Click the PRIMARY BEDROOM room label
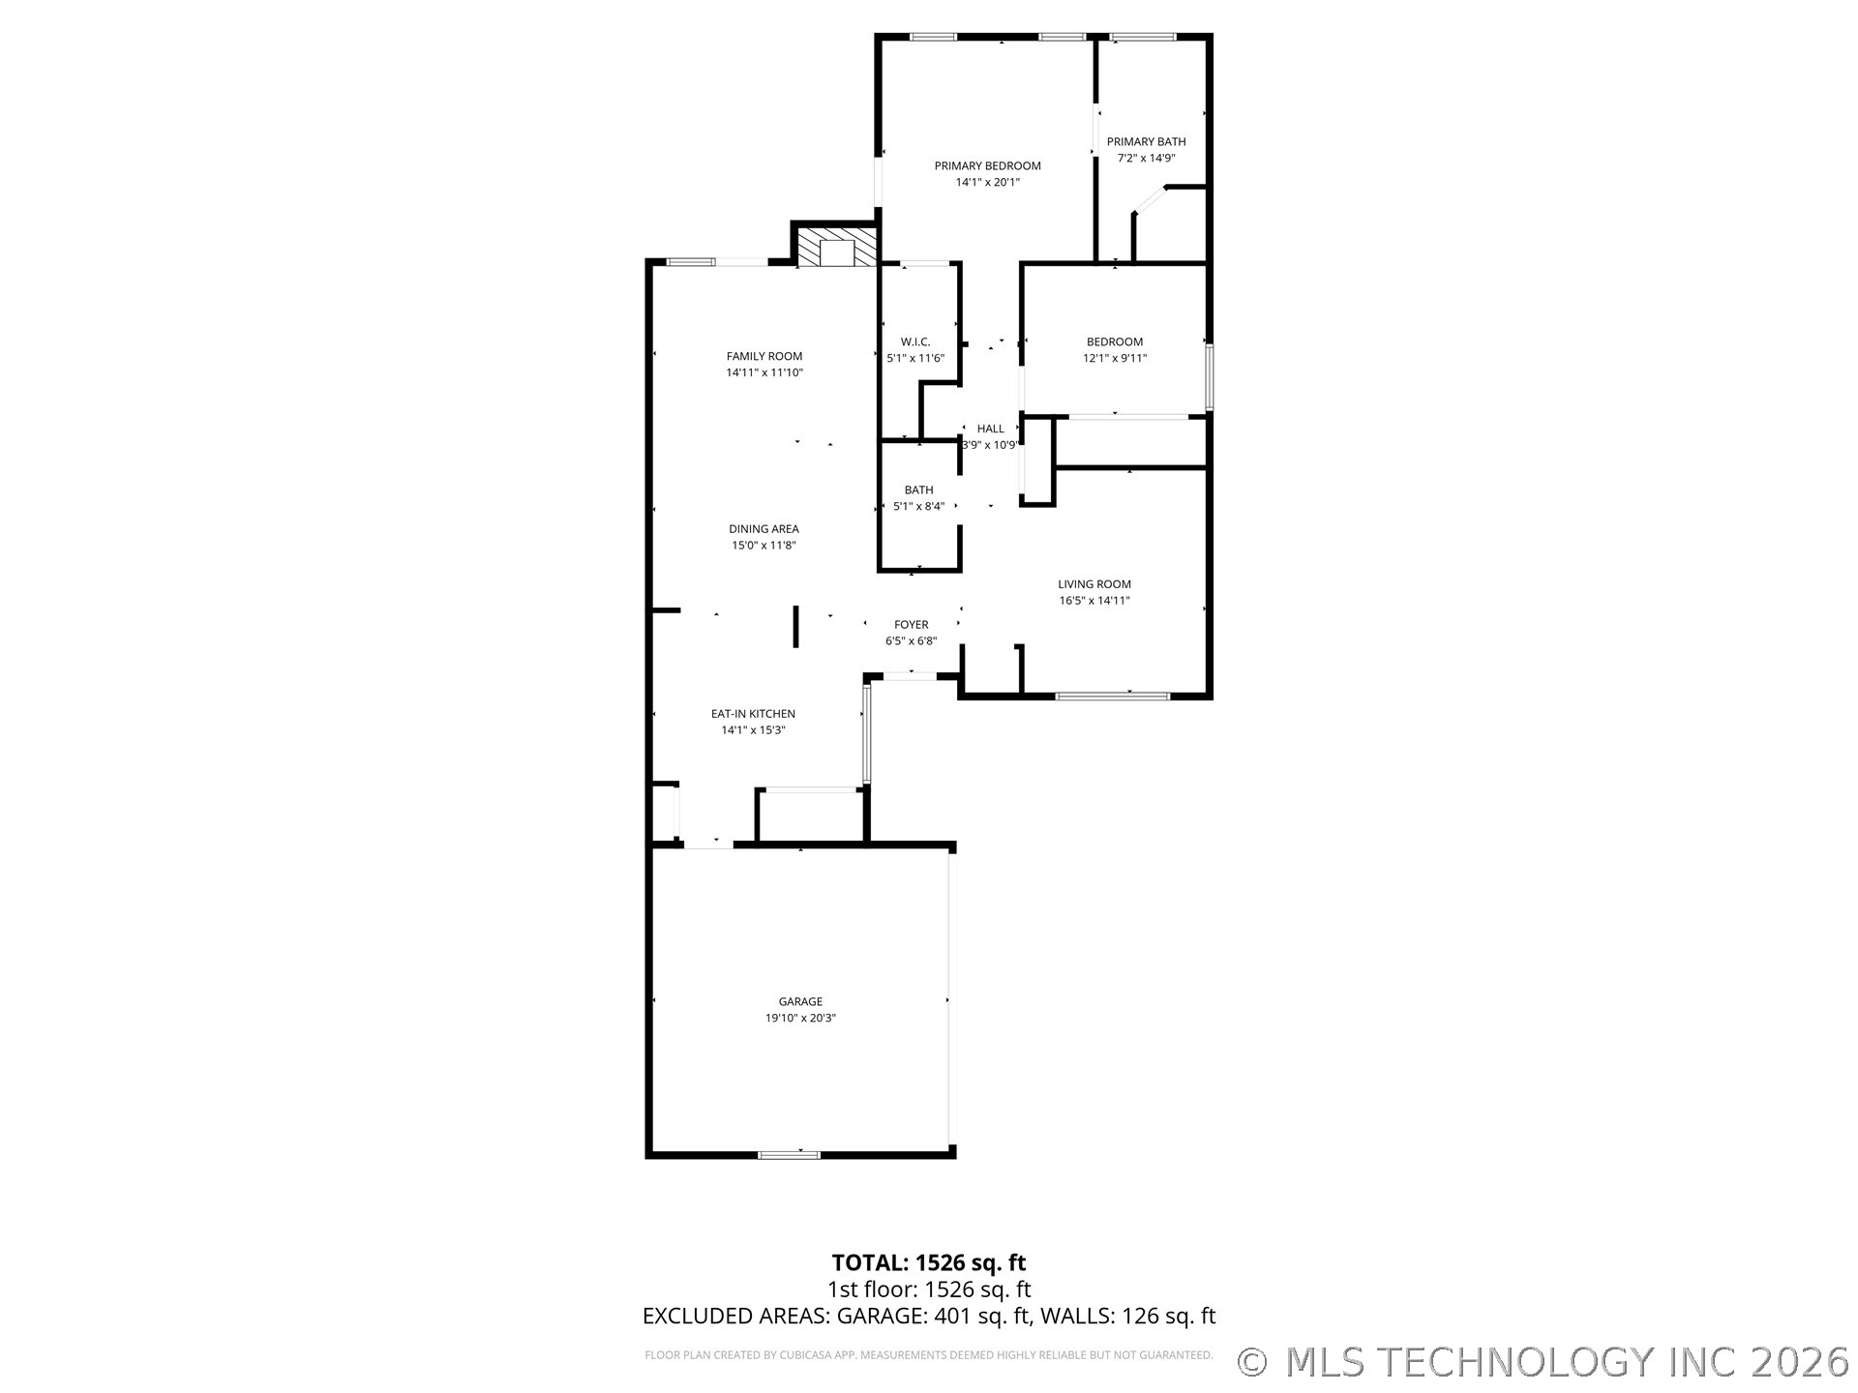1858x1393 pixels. tap(987, 165)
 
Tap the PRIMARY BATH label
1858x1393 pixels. tap(1146, 141)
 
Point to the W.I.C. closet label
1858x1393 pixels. tap(915, 341)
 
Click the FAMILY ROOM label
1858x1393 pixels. tap(764, 356)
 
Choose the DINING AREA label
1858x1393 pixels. tap(764, 528)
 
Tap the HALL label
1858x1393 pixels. tap(990, 429)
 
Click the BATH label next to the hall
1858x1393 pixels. tap(918, 489)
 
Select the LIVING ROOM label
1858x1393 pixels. tap(1094, 583)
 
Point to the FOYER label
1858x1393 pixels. tap(911, 624)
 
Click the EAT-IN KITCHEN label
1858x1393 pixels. tap(753, 713)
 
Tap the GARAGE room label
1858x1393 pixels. tap(800, 1001)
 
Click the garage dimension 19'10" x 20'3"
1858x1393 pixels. tap(800, 1018)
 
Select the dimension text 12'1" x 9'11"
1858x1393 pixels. tap(1115, 358)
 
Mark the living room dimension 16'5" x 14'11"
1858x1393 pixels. tap(1094, 600)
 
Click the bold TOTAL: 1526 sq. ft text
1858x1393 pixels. tap(929, 1262)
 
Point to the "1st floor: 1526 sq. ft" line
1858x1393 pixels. tap(929, 1289)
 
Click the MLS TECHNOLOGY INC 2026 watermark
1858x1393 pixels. tap(1567, 1362)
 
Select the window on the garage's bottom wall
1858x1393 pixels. tap(789, 1154)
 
